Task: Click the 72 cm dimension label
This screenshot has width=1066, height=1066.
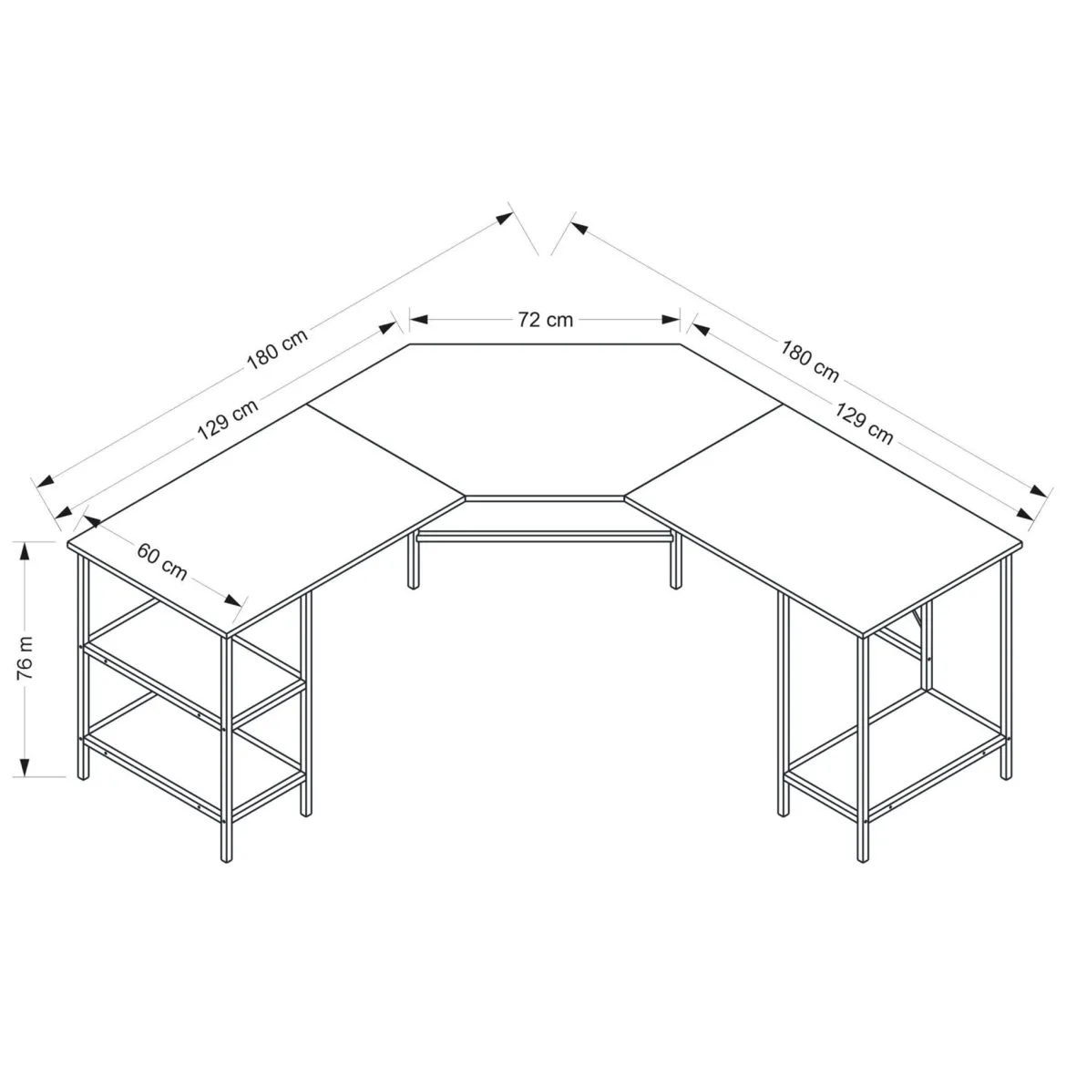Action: click(545, 320)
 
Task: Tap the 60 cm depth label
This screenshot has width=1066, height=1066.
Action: click(162, 561)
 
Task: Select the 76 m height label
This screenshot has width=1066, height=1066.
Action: click(26, 658)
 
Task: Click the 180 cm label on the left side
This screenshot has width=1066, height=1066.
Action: click(277, 349)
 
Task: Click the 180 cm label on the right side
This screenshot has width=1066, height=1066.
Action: click(809, 361)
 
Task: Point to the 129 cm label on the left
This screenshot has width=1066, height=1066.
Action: click(228, 419)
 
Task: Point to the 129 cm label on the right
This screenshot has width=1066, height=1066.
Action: click(864, 424)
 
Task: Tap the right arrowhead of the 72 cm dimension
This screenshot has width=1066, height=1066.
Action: click(671, 320)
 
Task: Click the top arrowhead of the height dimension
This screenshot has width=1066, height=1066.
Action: click(26, 551)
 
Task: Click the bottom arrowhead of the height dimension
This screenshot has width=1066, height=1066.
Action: click(26, 767)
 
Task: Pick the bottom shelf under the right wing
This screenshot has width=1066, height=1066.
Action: click(894, 754)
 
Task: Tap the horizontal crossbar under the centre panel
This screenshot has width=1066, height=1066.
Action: click(545, 537)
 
